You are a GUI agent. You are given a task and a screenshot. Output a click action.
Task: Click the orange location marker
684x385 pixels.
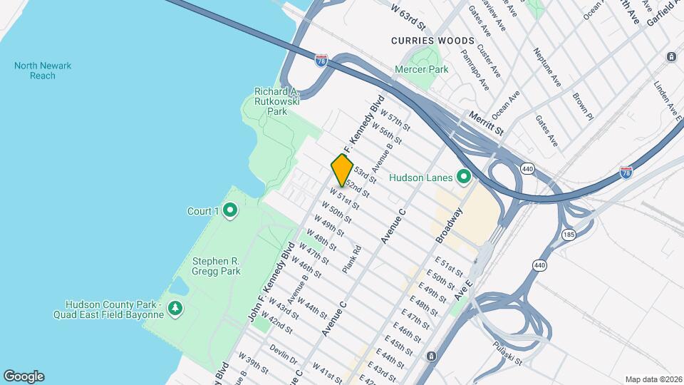click(x=343, y=170)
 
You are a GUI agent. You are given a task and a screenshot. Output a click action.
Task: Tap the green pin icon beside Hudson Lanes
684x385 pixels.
click(x=464, y=175)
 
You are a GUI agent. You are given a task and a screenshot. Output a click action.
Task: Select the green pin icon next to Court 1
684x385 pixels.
click(x=229, y=210)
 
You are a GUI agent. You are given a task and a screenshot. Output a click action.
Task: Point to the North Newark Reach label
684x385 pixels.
click(x=43, y=71)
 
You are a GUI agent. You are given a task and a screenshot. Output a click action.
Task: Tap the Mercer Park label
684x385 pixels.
click(x=423, y=70)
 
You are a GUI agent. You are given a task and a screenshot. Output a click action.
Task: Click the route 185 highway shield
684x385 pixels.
click(x=569, y=234)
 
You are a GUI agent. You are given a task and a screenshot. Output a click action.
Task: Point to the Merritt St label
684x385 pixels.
click(x=486, y=123)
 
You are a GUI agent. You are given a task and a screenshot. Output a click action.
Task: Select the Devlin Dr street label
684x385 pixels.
click(x=283, y=354)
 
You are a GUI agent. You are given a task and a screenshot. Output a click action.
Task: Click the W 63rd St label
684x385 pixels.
click(x=408, y=17)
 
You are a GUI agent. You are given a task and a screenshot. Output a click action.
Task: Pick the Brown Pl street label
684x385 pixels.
click(x=582, y=103)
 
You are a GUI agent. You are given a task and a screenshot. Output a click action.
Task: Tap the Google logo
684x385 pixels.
click(x=24, y=376)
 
